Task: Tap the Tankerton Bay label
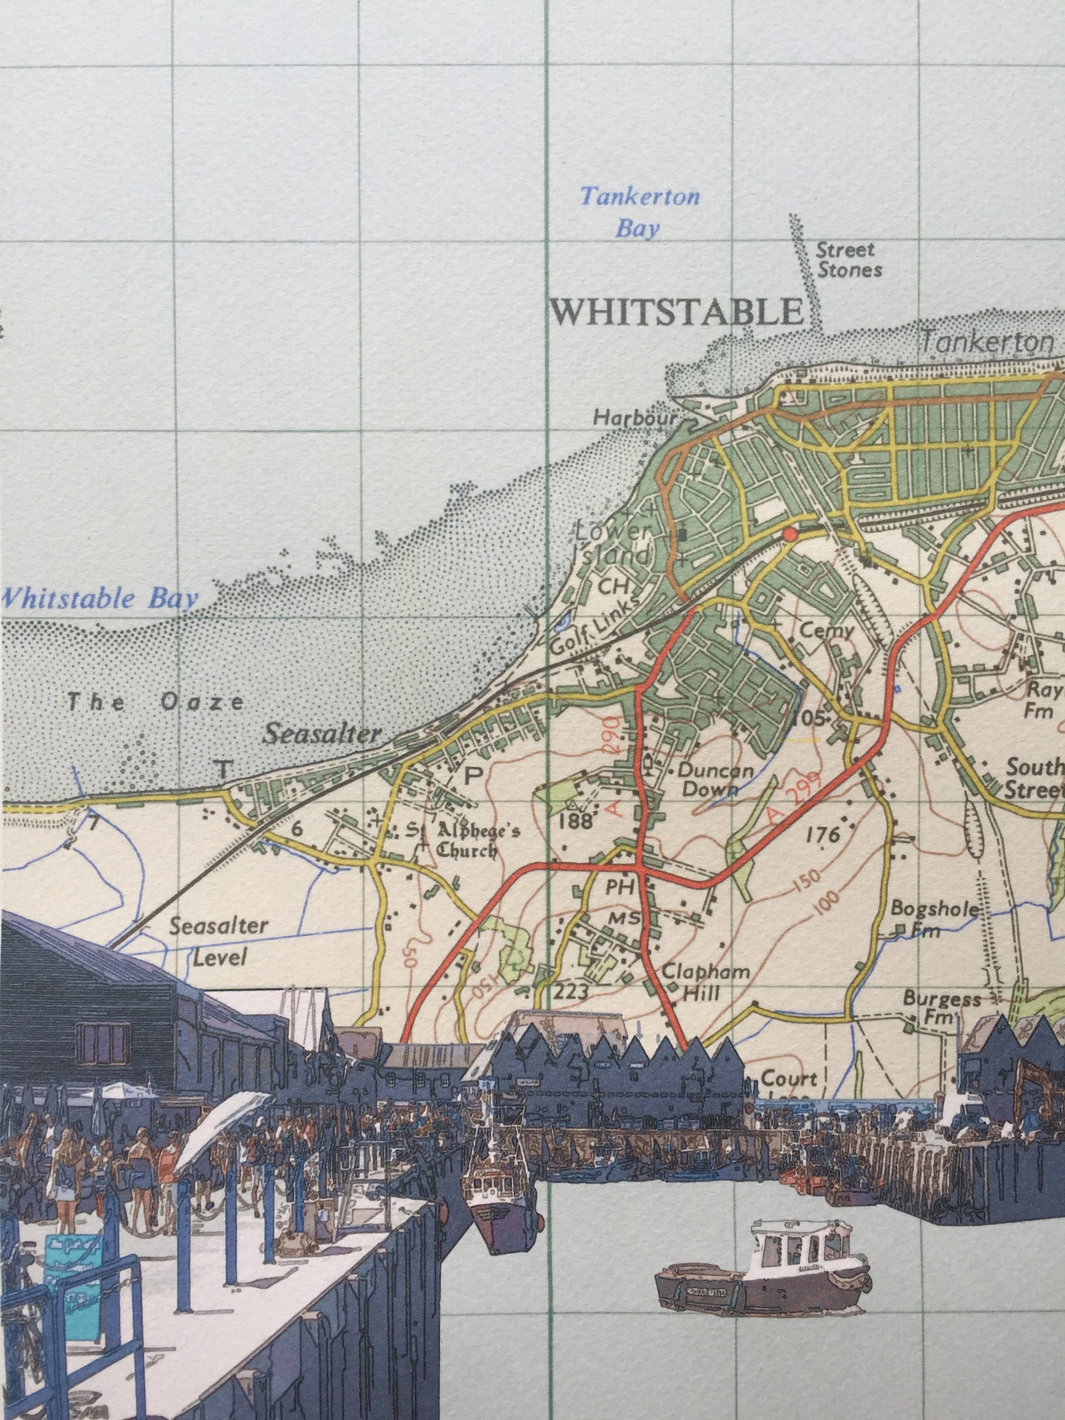click(639, 212)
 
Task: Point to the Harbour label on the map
click(635, 418)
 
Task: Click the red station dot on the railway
click(790, 534)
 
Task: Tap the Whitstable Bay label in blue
click(99, 598)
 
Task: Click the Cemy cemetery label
click(827, 630)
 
